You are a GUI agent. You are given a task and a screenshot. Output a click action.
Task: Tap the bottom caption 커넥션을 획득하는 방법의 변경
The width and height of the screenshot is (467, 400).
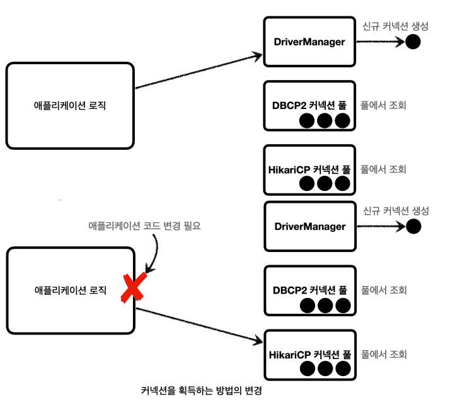click(x=201, y=391)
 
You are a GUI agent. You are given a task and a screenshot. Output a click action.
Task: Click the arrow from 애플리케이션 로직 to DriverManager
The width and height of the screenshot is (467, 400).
click(x=199, y=71)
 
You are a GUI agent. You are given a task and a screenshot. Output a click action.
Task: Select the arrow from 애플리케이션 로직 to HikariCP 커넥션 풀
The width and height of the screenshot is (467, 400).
click(x=199, y=325)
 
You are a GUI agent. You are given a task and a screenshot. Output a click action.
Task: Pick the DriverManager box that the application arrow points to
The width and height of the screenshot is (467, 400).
click(x=309, y=42)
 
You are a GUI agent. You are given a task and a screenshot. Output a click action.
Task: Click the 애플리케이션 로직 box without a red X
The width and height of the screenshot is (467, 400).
click(x=70, y=105)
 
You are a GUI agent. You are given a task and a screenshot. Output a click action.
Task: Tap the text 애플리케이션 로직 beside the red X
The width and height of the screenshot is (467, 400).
click(x=69, y=290)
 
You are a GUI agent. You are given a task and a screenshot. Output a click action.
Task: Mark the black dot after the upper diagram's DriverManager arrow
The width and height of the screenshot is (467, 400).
click(x=413, y=42)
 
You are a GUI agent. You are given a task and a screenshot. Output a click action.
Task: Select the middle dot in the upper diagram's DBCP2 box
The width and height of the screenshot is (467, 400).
click(x=325, y=120)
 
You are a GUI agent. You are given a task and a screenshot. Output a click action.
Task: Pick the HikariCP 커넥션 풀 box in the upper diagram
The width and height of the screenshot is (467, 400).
click(x=309, y=169)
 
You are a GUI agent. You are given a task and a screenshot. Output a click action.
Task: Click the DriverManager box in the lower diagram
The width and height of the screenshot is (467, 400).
click(x=309, y=226)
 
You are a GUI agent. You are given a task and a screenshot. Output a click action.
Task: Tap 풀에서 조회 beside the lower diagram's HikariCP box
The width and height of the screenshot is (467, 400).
click(x=383, y=354)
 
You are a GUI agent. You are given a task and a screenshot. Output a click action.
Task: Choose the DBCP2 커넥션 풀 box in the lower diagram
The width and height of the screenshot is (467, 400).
click(x=309, y=290)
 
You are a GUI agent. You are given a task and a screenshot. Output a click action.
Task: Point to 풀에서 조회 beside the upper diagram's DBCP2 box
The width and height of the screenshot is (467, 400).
click(x=383, y=105)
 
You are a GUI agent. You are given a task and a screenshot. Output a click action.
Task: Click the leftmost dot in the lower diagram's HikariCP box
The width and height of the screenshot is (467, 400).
click(x=308, y=368)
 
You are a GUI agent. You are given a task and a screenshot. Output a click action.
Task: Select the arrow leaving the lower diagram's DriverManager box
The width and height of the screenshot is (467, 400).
click(x=381, y=226)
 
